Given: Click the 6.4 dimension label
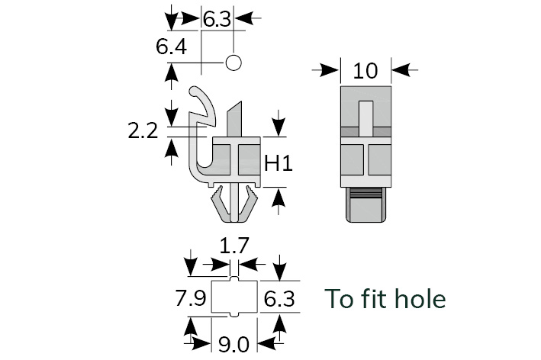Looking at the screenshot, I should point(171,47).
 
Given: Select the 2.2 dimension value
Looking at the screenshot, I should point(143,130).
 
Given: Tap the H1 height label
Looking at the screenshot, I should point(279,162).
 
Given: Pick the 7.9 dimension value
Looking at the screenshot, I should point(189,297).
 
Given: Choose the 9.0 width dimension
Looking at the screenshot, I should point(233,344).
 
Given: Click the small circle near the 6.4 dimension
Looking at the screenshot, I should point(233,62).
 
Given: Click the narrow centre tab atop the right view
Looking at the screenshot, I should point(366,114).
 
